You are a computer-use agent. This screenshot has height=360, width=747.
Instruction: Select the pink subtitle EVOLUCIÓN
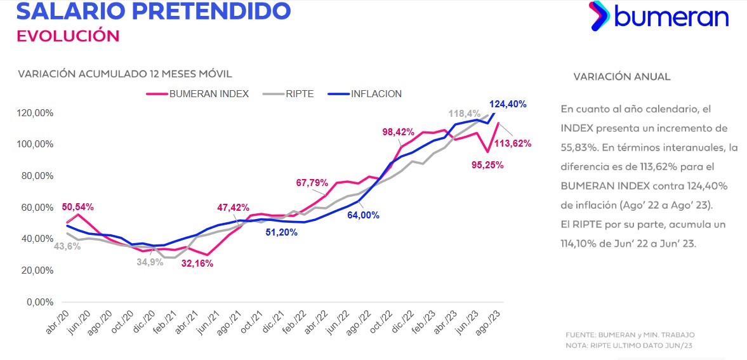(x=68, y=36)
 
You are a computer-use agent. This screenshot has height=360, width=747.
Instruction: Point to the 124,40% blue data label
(x=508, y=104)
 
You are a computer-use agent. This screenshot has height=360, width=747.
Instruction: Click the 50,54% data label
(x=78, y=207)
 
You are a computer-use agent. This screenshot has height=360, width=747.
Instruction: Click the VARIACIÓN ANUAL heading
(x=621, y=77)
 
